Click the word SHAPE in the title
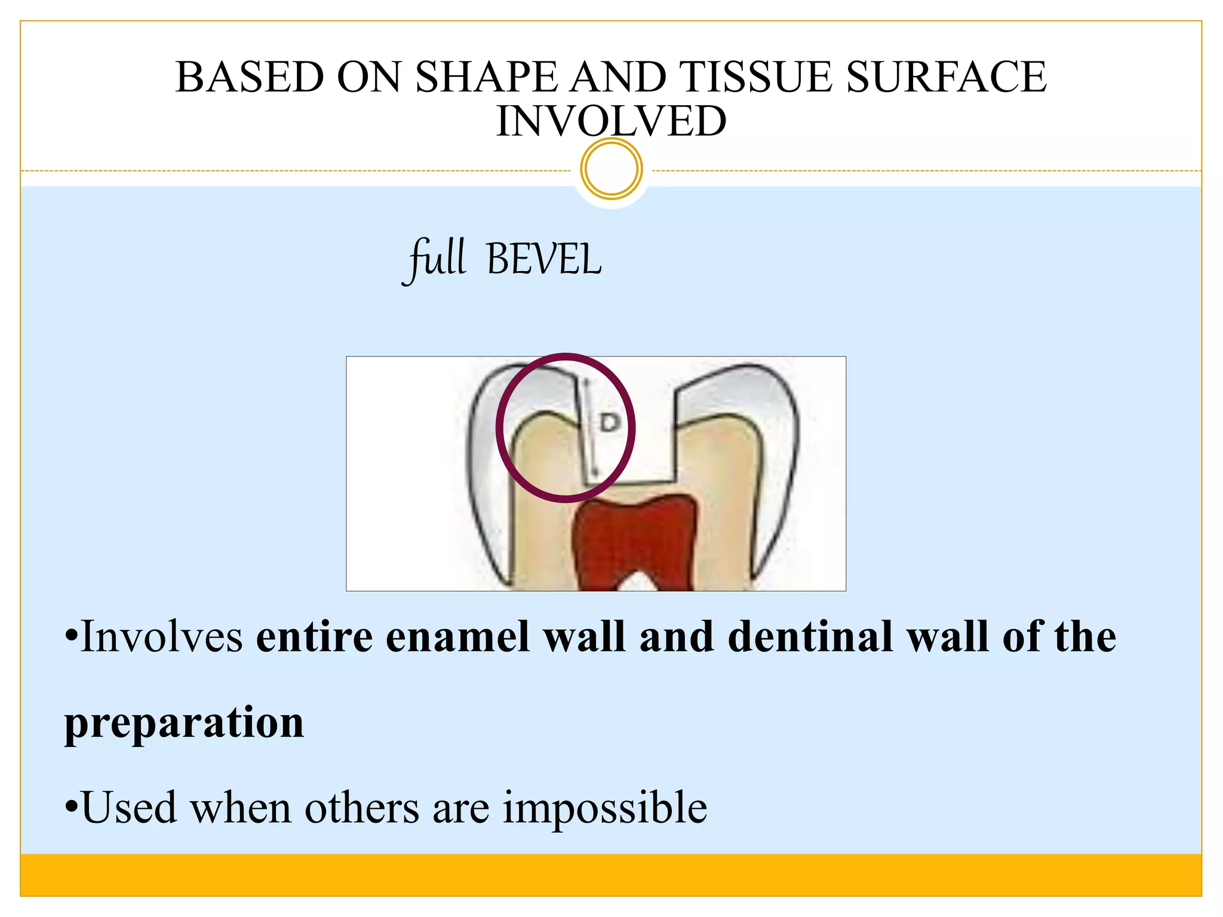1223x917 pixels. (485, 78)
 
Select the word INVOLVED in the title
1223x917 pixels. (611, 121)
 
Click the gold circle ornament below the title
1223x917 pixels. (611, 168)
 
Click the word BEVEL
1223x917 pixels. (543, 260)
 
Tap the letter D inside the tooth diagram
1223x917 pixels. (610, 423)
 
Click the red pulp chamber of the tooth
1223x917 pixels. (639, 537)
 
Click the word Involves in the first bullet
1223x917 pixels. (162, 637)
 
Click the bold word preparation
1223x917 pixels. (185, 722)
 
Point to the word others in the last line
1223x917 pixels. (362, 808)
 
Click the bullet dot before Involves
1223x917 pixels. (71, 636)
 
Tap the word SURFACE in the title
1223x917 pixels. (946, 78)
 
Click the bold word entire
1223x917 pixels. (314, 637)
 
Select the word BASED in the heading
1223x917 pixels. (249, 78)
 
